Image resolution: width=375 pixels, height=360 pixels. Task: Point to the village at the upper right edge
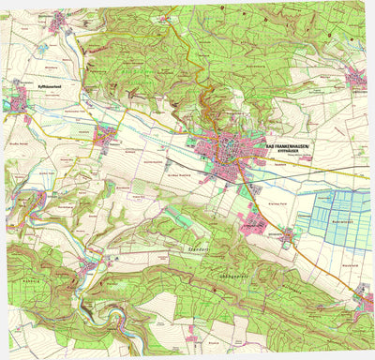coord(357,76)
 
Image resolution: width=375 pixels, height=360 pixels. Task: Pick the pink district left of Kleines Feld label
coord(252,222)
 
